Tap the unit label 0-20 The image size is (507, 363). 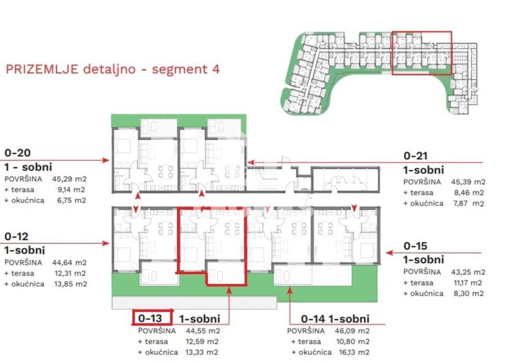coord(18,153)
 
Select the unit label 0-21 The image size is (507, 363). coord(416,156)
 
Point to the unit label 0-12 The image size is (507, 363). coord(17,236)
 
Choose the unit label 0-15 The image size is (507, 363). coord(416,246)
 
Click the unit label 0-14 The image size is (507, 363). coord(313,319)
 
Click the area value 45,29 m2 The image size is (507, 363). coord(69,179)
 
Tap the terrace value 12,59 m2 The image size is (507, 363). coord(202,341)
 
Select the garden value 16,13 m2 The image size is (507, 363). coord(353,352)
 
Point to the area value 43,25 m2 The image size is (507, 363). coord(468,272)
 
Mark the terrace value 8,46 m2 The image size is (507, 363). coord(469,193)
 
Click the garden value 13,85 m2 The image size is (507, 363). coord(71,284)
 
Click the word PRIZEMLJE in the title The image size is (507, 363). coord(42,70)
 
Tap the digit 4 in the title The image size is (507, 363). coord(215,69)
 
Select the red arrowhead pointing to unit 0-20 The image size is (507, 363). coord(105,160)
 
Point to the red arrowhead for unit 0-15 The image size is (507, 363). coord(390,253)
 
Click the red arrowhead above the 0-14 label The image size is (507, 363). coord(290,291)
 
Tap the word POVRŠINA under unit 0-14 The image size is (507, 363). coord(306,330)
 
